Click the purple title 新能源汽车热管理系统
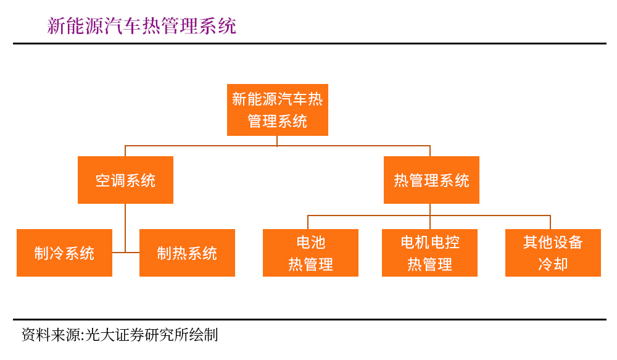[142, 25]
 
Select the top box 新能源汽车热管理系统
[277, 110]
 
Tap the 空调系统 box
[125, 180]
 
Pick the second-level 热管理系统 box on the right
[431, 180]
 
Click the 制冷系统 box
[64, 253]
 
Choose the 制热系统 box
[187, 253]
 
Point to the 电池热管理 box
[310, 253]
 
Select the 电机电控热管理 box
[430, 253]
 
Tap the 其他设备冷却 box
[553, 253]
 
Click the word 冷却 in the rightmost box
[553, 265]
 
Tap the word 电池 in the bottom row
[310, 241]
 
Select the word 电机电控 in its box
[430, 241]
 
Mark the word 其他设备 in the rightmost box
[553, 241]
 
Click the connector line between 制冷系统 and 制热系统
[126, 252]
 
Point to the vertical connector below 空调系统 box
[125, 225]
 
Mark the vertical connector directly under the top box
[277, 141]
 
